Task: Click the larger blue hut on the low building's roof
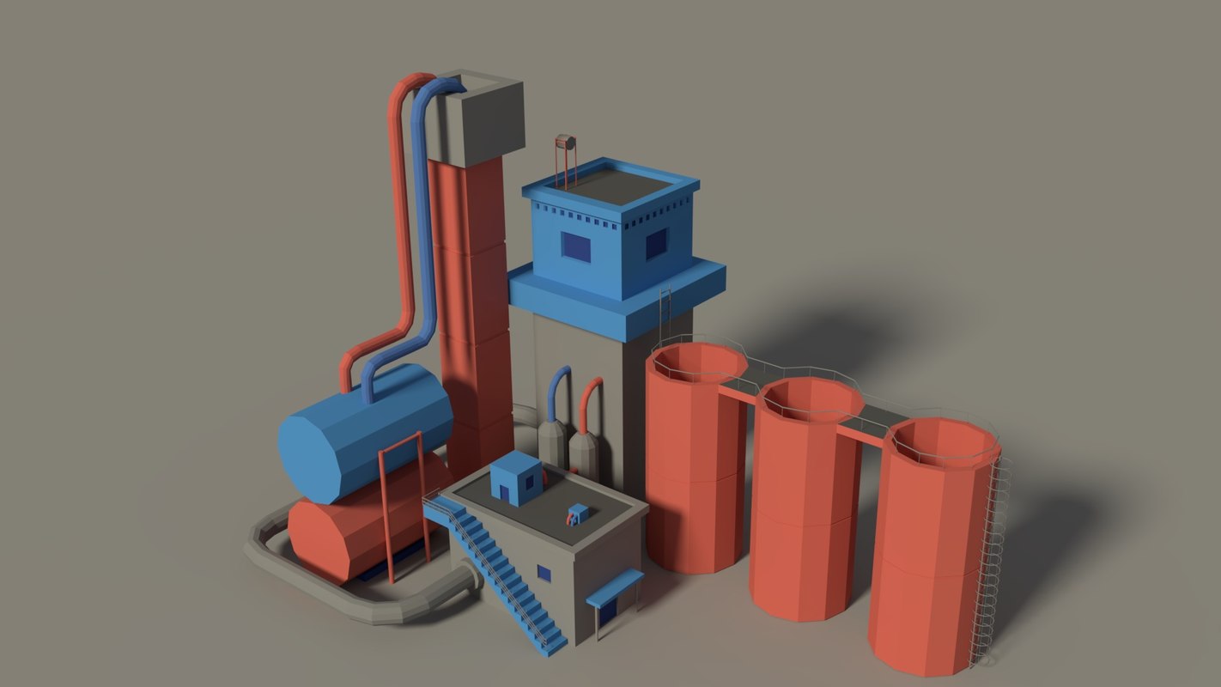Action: click(515, 479)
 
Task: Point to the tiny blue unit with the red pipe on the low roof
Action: click(578, 514)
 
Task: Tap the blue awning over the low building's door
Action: click(615, 587)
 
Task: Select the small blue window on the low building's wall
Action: click(544, 573)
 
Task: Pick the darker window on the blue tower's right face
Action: click(656, 244)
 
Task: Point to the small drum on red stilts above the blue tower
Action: click(564, 142)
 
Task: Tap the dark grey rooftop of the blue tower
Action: click(610, 185)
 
